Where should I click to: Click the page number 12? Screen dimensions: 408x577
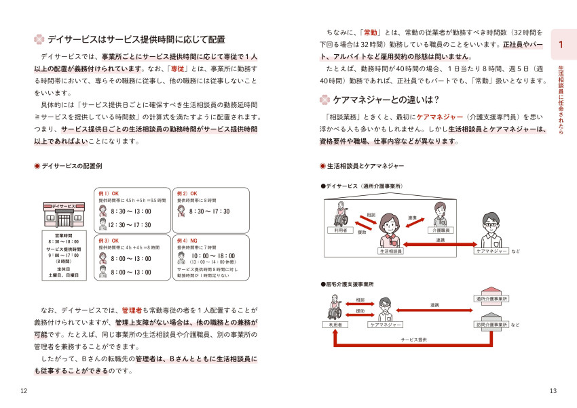click(24, 391)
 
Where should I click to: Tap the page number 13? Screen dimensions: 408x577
click(553, 391)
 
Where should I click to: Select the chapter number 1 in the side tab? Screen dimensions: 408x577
click(561, 45)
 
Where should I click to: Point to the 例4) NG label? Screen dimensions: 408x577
click(188, 240)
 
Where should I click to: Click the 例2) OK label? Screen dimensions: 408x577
click(188, 193)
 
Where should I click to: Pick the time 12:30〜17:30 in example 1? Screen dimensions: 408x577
click(130, 225)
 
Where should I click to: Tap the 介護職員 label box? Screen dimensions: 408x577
click(442, 230)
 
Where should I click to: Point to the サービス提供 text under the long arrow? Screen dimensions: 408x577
click(413, 339)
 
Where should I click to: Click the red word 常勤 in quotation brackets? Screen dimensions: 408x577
click(371, 32)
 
